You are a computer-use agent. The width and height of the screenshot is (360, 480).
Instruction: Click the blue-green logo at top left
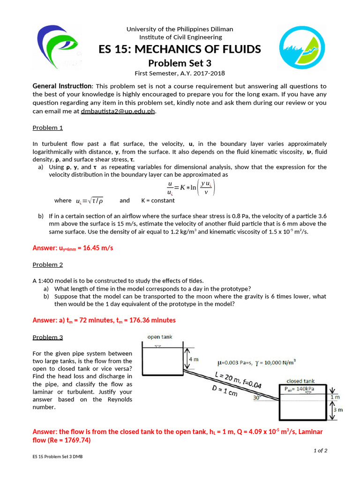58,47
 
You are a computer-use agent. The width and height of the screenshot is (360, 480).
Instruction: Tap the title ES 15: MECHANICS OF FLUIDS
180,50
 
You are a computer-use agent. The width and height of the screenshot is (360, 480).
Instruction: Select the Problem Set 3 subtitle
180,63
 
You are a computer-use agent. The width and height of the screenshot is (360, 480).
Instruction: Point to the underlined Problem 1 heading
47,127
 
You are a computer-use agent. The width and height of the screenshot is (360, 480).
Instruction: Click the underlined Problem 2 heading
47,264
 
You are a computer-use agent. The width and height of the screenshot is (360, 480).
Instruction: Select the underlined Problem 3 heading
47,337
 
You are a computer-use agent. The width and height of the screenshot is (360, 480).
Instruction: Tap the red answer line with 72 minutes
104,320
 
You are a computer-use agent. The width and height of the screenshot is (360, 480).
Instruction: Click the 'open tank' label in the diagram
160,337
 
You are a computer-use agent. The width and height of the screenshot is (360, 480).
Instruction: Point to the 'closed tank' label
300,381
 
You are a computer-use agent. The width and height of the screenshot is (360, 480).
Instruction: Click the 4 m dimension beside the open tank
193,359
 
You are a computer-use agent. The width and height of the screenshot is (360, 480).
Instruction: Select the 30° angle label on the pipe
257,397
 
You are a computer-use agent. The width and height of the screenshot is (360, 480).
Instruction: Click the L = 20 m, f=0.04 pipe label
238,381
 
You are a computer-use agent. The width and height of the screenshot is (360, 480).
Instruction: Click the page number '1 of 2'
320,450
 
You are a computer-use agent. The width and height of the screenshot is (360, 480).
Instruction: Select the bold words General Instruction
62,86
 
